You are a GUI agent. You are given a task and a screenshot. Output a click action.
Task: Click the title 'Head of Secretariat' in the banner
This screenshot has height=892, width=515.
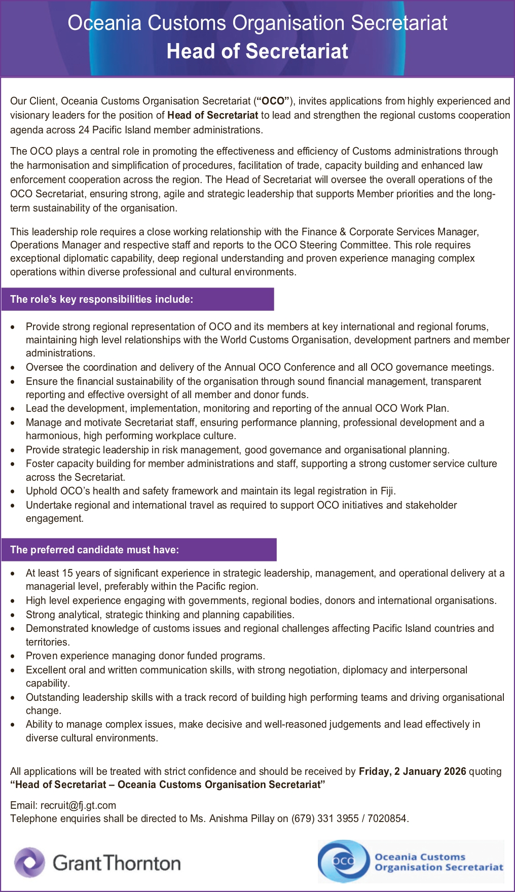point(257,51)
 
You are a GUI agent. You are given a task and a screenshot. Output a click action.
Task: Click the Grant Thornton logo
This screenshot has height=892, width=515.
point(97,863)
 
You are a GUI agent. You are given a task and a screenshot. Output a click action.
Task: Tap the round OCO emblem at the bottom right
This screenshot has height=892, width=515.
point(344,861)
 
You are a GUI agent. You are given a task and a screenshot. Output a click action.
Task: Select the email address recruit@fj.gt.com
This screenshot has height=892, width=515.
point(78,805)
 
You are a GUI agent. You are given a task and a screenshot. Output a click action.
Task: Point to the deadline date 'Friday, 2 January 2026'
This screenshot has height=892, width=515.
point(412,771)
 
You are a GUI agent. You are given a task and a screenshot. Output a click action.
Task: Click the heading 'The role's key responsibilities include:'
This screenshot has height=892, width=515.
point(101,299)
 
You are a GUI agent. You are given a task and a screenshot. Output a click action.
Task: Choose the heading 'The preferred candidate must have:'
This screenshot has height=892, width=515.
point(94,550)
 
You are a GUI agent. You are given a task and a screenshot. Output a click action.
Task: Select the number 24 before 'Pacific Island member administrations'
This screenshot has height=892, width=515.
point(84,130)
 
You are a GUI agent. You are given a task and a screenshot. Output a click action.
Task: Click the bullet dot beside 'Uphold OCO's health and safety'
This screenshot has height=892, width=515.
point(13,491)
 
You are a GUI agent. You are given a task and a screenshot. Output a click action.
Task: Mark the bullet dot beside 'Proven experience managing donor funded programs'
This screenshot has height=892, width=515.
point(13,656)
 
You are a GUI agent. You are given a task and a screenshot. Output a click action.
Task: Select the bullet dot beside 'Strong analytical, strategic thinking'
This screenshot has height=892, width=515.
point(13,615)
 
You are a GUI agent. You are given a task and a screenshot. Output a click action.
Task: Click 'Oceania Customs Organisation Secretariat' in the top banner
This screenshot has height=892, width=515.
point(257,23)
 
